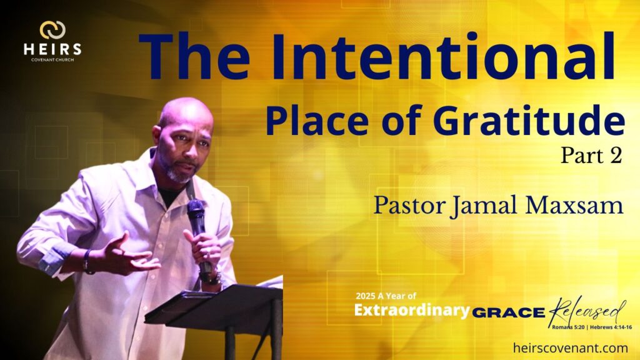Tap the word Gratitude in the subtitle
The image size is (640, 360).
tap(529, 121)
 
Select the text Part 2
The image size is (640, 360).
tap(591, 156)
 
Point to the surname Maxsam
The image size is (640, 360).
tap(574, 205)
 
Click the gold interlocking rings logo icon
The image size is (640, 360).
tap(52, 30)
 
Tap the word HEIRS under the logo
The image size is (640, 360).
tap(52, 49)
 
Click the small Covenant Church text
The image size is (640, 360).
tap(52, 60)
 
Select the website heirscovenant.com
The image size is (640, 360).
tap(570, 348)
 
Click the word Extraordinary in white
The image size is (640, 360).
tap(412, 310)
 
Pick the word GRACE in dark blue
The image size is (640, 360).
tap(509, 313)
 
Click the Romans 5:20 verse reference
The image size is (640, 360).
tap(567, 327)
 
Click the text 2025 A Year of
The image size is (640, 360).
tap(386, 296)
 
